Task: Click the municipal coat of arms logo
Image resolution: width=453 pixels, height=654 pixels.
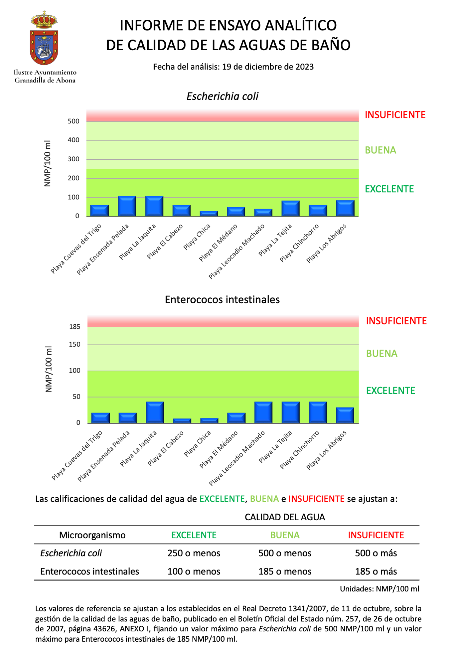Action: [x=44, y=39]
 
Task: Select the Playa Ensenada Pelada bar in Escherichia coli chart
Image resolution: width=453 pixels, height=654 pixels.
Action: [x=127, y=206]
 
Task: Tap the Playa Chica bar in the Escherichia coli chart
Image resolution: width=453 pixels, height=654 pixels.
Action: [x=209, y=213]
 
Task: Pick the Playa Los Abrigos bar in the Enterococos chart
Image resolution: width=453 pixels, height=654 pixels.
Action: [x=345, y=415]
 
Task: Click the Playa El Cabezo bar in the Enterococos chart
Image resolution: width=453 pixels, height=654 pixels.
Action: [x=182, y=421]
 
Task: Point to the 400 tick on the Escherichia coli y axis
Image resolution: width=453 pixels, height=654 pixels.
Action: [x=74, y=140]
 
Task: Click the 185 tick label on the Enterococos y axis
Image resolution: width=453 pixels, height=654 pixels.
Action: [x=75, y=327]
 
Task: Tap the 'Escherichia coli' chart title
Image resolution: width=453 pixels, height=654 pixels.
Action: [x=222, y=96]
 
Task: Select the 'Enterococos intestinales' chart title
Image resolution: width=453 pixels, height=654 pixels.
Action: [x=222, y=300]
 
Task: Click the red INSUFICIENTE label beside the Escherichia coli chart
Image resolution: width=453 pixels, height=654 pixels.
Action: [x=395, y=115]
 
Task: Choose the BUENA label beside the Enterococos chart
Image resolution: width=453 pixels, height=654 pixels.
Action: [x=382, y=354]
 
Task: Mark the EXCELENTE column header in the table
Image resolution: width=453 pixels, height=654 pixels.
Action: [x=194, y=535]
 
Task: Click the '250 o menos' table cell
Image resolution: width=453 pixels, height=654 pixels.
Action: [x=194, y=553]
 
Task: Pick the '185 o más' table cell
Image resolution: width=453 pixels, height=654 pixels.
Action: [x=376, y=572]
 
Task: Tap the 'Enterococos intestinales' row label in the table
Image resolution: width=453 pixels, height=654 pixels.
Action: [x=90, y=572]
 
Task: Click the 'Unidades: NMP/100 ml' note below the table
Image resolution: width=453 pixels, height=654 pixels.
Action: [x=379, y=589]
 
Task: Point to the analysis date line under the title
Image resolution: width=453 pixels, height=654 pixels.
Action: [x=233, y=67]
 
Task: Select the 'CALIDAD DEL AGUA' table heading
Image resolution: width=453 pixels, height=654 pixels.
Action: [x=285, y=517]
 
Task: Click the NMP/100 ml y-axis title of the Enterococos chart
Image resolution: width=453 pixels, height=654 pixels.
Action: [x=49, y=369]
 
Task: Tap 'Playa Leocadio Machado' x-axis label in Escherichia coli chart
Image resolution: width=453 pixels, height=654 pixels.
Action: [x=236, y=251]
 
